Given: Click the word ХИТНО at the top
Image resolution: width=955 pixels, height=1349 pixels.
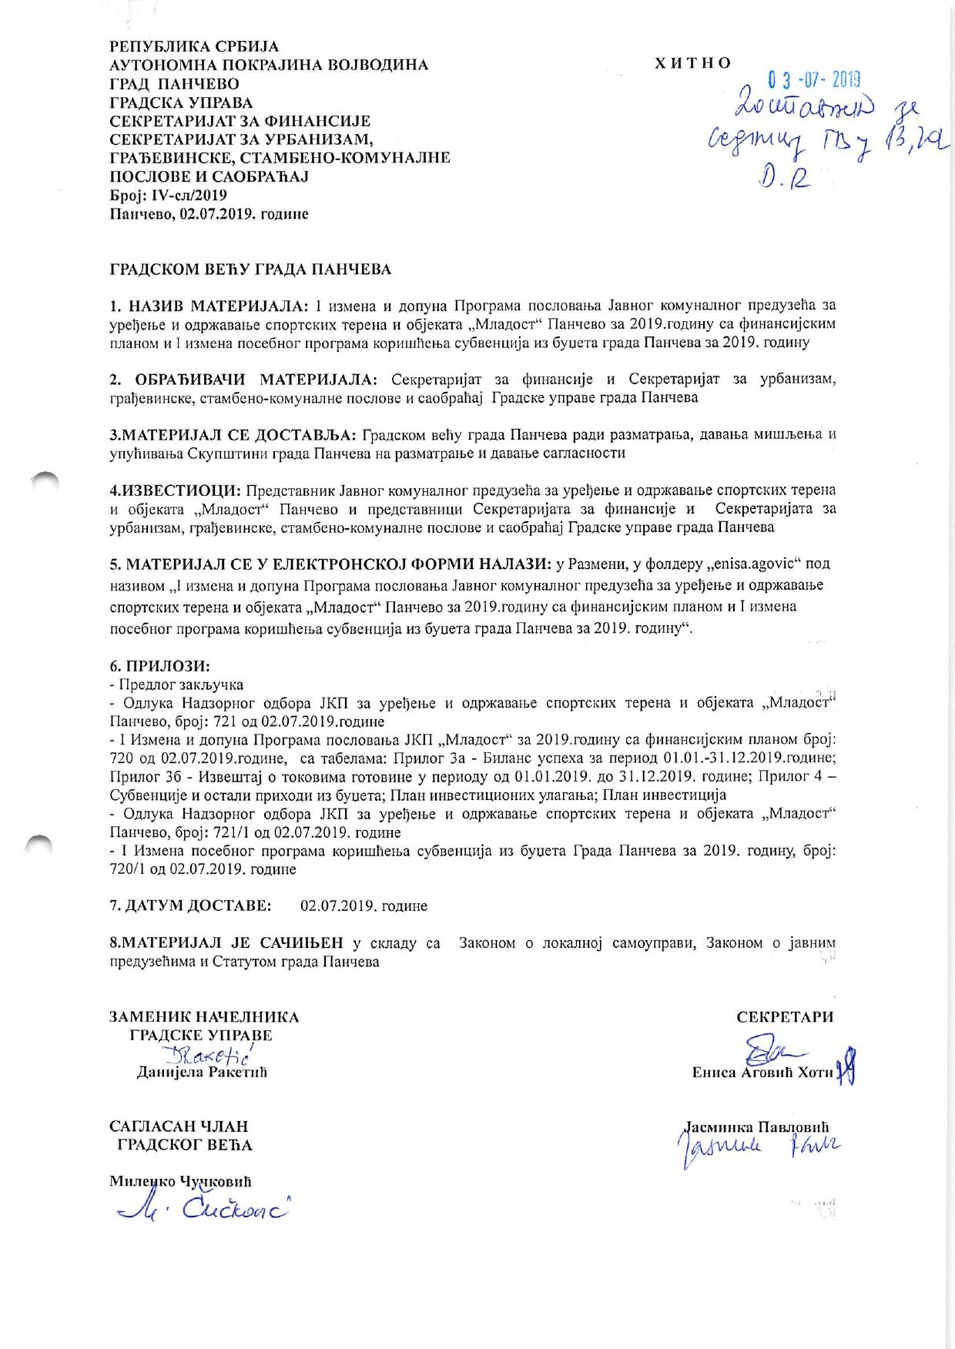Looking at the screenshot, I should tap(692, 64).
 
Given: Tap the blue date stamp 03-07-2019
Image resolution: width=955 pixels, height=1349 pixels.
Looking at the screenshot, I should tap(814, 79).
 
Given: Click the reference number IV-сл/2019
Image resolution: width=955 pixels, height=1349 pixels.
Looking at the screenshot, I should tap(184, 196).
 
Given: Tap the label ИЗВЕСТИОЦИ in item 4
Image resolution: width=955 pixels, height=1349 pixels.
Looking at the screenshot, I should tap(180, 490).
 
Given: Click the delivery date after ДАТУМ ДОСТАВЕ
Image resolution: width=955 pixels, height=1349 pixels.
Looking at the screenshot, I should tap(364, 906).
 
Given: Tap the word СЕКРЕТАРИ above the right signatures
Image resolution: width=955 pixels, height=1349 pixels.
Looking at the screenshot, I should tap(785, 1016).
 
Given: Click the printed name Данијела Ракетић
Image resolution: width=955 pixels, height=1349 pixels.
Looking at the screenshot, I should tap(201, 1071).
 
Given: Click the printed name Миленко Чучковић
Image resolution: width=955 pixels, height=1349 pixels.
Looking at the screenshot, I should tap(181, 1181).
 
